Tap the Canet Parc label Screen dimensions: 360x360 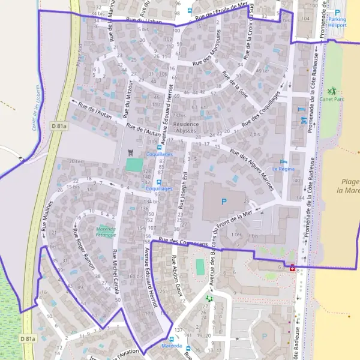point(331,98)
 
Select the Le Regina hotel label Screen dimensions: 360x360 point(283,169)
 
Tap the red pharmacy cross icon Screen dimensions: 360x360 point(292,268)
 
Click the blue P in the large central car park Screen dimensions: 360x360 point(224,202)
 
